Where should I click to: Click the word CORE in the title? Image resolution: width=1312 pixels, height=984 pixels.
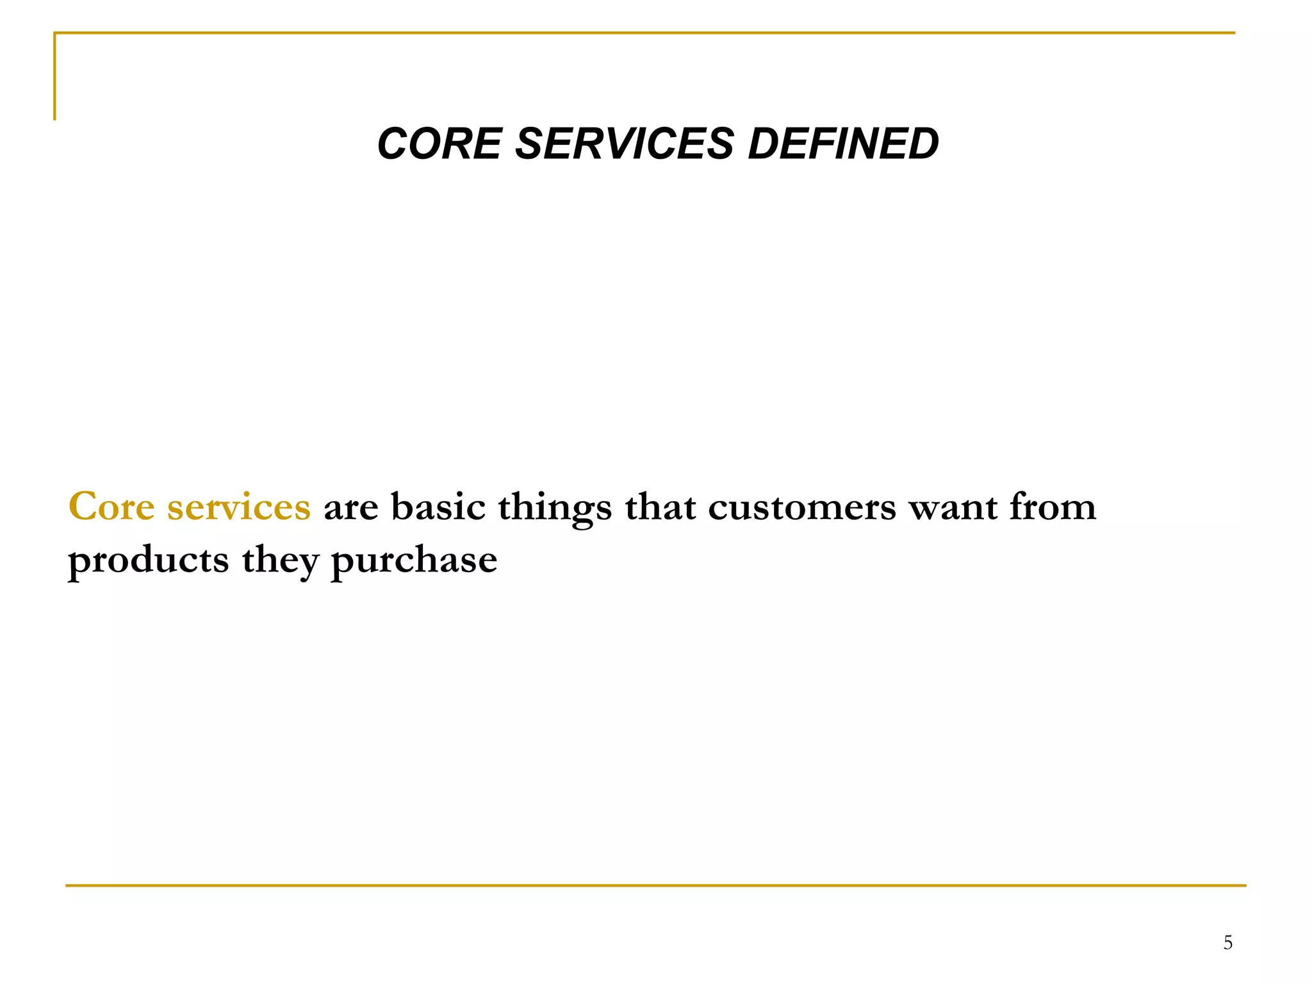tap(439, 143)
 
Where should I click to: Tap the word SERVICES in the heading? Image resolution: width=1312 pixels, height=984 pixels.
tap(624, 143)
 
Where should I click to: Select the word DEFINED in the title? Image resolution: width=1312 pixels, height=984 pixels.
tap(842, 143)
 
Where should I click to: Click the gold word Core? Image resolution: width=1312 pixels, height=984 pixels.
tap(111, 507)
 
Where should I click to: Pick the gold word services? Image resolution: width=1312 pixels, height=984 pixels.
tap(239, 507)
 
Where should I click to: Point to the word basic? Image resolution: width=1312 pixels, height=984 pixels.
tap(438, 507)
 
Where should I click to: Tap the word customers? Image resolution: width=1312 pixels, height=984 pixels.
tap(802, 507)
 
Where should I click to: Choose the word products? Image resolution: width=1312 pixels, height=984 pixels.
tap(148, 561)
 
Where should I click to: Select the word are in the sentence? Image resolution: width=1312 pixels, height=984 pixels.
tap(351, 508)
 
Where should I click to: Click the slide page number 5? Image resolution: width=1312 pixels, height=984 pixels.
tap(1227, 942)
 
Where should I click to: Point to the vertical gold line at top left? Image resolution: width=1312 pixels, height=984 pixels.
tap(54, 77)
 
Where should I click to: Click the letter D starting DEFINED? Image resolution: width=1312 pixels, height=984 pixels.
tap(762, 143)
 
